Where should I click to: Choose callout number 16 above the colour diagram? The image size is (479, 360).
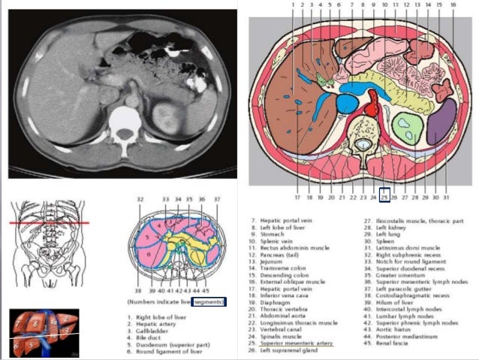tap(453, 5)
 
